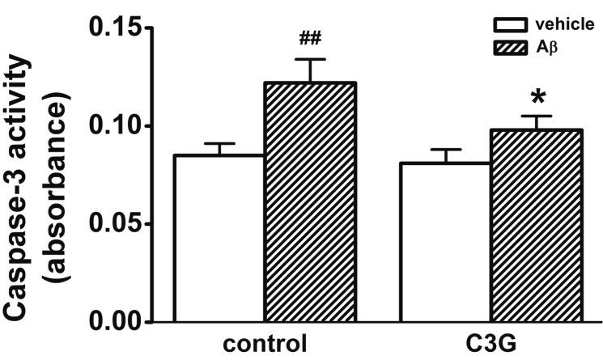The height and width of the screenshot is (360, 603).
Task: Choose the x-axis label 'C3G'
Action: click(x=490, y=343)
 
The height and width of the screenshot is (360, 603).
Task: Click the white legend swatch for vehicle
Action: click(x=503, y=26)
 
